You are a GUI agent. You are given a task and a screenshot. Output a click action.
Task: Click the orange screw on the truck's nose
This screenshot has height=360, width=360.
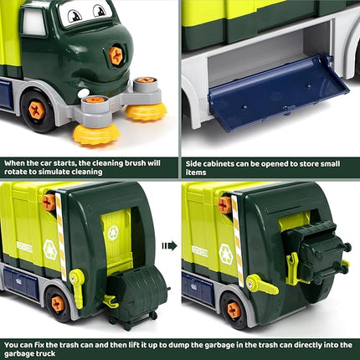(x=116, y=56)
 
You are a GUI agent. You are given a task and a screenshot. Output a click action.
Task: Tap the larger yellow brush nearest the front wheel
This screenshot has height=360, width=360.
(x=96, y=132)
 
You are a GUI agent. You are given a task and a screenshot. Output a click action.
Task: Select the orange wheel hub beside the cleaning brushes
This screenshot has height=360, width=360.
(x=36, y=109)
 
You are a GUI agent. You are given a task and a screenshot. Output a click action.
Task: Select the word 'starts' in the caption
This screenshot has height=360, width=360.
(x=75, y=162)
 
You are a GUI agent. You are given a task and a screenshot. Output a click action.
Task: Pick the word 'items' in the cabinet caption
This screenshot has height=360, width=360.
(x=194, y=172)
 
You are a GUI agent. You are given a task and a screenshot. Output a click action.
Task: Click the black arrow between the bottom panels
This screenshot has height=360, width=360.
(x=171, y=245)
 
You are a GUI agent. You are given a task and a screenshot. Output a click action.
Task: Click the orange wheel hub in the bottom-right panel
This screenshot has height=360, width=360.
(x=234, y=309)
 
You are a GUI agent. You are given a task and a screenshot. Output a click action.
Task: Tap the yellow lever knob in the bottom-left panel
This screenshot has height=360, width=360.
(x=78, y=277)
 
